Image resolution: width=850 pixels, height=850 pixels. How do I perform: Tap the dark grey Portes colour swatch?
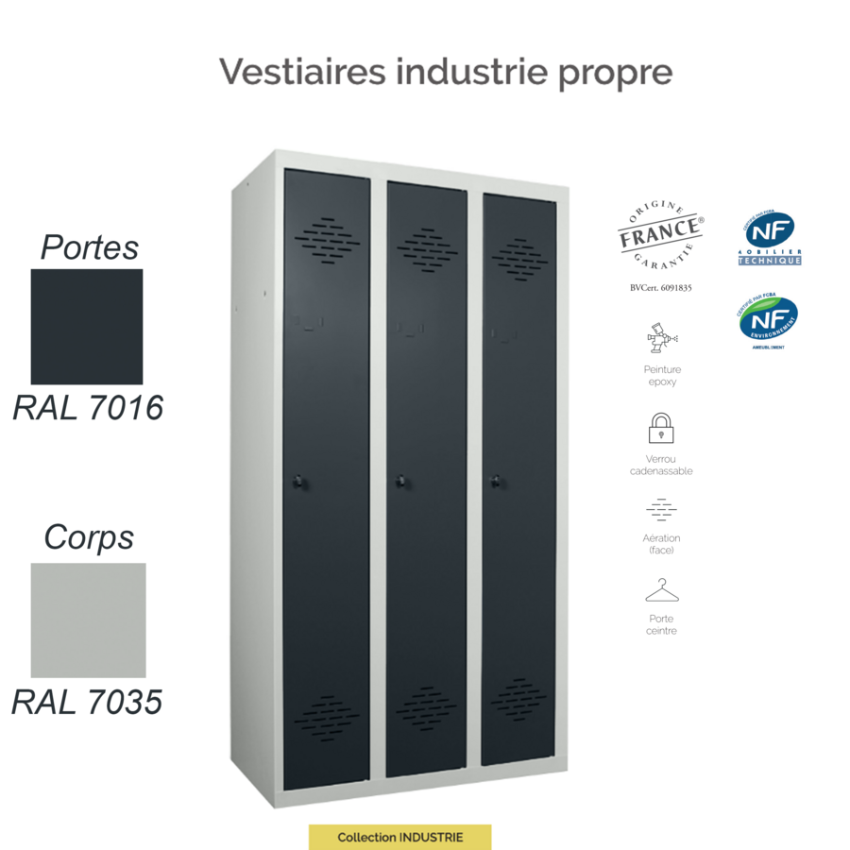click(x=87, y=326)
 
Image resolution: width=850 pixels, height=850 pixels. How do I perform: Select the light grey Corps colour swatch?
click(x=88, y=620)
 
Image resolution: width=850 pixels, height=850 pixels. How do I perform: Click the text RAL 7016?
click(x=88, y=408)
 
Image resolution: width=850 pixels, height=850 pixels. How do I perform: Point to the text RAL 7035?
click(x=87, y=702)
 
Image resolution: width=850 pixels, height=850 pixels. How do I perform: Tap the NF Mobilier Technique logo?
click(x=770, y=239)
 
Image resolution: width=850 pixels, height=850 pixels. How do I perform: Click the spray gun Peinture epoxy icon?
click(x=662, y=337)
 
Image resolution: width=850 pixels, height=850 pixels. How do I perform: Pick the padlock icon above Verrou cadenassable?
click(x=661, y=428)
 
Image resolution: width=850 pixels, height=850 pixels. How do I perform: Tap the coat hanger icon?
click(x=662, y=592)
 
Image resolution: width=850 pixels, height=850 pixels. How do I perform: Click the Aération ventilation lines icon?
click(x=661, y=510)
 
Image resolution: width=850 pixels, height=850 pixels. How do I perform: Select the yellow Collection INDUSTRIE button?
click(x=399, y=837)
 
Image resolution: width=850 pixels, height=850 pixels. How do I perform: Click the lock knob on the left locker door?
click(x=299, y=482)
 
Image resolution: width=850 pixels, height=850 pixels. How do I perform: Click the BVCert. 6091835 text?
click(x=660, y=287)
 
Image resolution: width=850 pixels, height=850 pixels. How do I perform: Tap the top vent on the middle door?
click(x=427, y=247)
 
